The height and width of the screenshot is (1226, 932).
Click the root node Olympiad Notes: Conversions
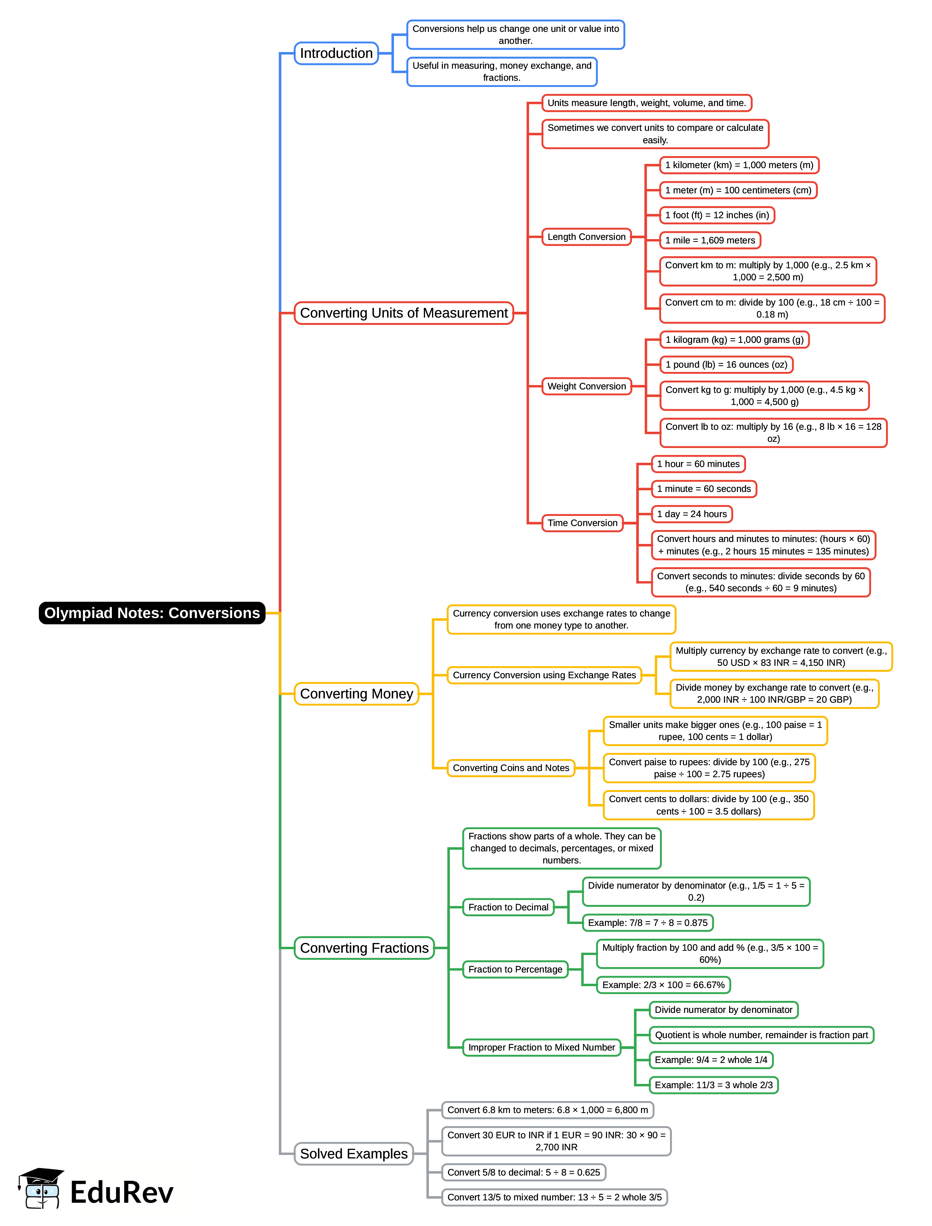152,613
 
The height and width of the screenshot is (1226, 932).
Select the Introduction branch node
336,53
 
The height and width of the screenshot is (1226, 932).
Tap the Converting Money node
356,694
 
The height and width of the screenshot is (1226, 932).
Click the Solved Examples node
353,1154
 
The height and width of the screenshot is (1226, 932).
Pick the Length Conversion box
587,237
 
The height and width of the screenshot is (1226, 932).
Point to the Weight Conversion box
587,386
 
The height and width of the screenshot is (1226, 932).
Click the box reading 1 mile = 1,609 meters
710,240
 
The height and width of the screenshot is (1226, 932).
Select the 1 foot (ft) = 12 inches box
717,215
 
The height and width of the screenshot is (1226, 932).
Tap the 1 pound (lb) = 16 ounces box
726,365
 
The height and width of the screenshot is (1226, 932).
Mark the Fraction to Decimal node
508,907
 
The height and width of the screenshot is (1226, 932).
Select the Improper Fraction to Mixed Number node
541,1047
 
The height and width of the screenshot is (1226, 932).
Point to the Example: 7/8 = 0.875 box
647,922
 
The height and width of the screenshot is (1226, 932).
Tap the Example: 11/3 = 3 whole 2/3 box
713,1085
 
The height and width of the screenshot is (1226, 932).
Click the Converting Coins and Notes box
511,768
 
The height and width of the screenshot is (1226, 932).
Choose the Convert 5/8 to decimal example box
524,1172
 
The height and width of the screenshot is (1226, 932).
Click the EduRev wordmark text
122,1193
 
